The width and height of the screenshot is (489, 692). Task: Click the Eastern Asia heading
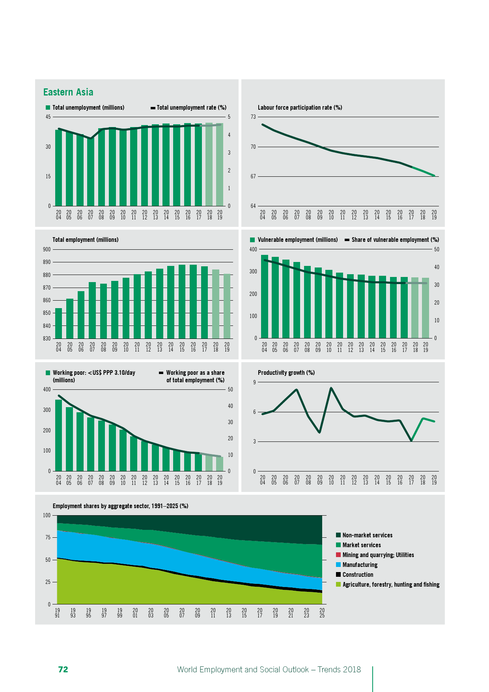point(68,92)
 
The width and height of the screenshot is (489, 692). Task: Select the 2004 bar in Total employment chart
point(58,323)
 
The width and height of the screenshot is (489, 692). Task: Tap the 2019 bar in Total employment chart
point(227,306)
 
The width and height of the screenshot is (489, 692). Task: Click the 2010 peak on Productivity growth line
point(331,388)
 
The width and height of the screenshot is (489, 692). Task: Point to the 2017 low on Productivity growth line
point(411,440)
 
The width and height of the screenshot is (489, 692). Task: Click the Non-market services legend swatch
point(338,535)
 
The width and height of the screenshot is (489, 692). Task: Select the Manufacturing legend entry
point(360,565)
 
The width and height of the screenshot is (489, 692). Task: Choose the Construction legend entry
point(358,575)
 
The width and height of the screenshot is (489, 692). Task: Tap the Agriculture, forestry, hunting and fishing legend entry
point(390,585)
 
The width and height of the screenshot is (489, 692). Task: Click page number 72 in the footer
point(63,670)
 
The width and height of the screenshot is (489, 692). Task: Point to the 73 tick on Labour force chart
point(253,117)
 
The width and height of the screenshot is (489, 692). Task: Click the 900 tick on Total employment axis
point(47,249)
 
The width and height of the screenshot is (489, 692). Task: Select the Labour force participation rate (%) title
point(300,108)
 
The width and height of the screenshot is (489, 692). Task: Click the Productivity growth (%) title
point(286,373)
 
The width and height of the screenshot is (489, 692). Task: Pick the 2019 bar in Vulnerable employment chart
point(426,308)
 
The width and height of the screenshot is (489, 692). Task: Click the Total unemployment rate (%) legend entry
point(191,108)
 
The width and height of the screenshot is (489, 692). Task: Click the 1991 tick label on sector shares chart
point(58,613)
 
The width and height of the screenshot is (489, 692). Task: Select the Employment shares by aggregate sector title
point(120,506)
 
